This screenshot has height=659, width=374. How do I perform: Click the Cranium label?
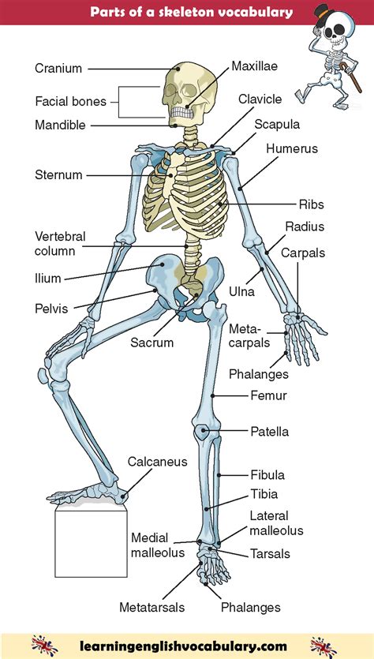tap(58, 68)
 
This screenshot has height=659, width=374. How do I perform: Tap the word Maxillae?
tap(255, 66)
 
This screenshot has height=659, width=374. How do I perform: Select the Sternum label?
tap(58, 175)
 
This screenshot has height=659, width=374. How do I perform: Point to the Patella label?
tap(270, 432)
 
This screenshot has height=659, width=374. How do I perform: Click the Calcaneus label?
tap(157, 462)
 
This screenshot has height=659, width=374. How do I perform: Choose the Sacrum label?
tap(151, 342)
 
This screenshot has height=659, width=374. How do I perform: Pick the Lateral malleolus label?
tap(276, 522)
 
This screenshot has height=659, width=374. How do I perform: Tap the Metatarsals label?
tap(151, 607)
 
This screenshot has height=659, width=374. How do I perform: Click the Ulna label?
tap(241, 291)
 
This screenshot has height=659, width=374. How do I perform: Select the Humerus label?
tap(292, 148)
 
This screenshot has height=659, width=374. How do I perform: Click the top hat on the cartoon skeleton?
tap(324, 11)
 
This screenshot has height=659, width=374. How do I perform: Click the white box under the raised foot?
tap(91, 544)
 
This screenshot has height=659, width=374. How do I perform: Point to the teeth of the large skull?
tap(182, 113)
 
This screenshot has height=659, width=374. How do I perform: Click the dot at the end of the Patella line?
tap(204, 431)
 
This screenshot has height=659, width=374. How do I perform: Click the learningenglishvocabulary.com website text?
tap(183, 646)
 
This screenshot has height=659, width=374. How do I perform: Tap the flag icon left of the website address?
tap(44, 646)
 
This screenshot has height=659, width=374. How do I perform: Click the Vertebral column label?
tap(55, 243)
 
